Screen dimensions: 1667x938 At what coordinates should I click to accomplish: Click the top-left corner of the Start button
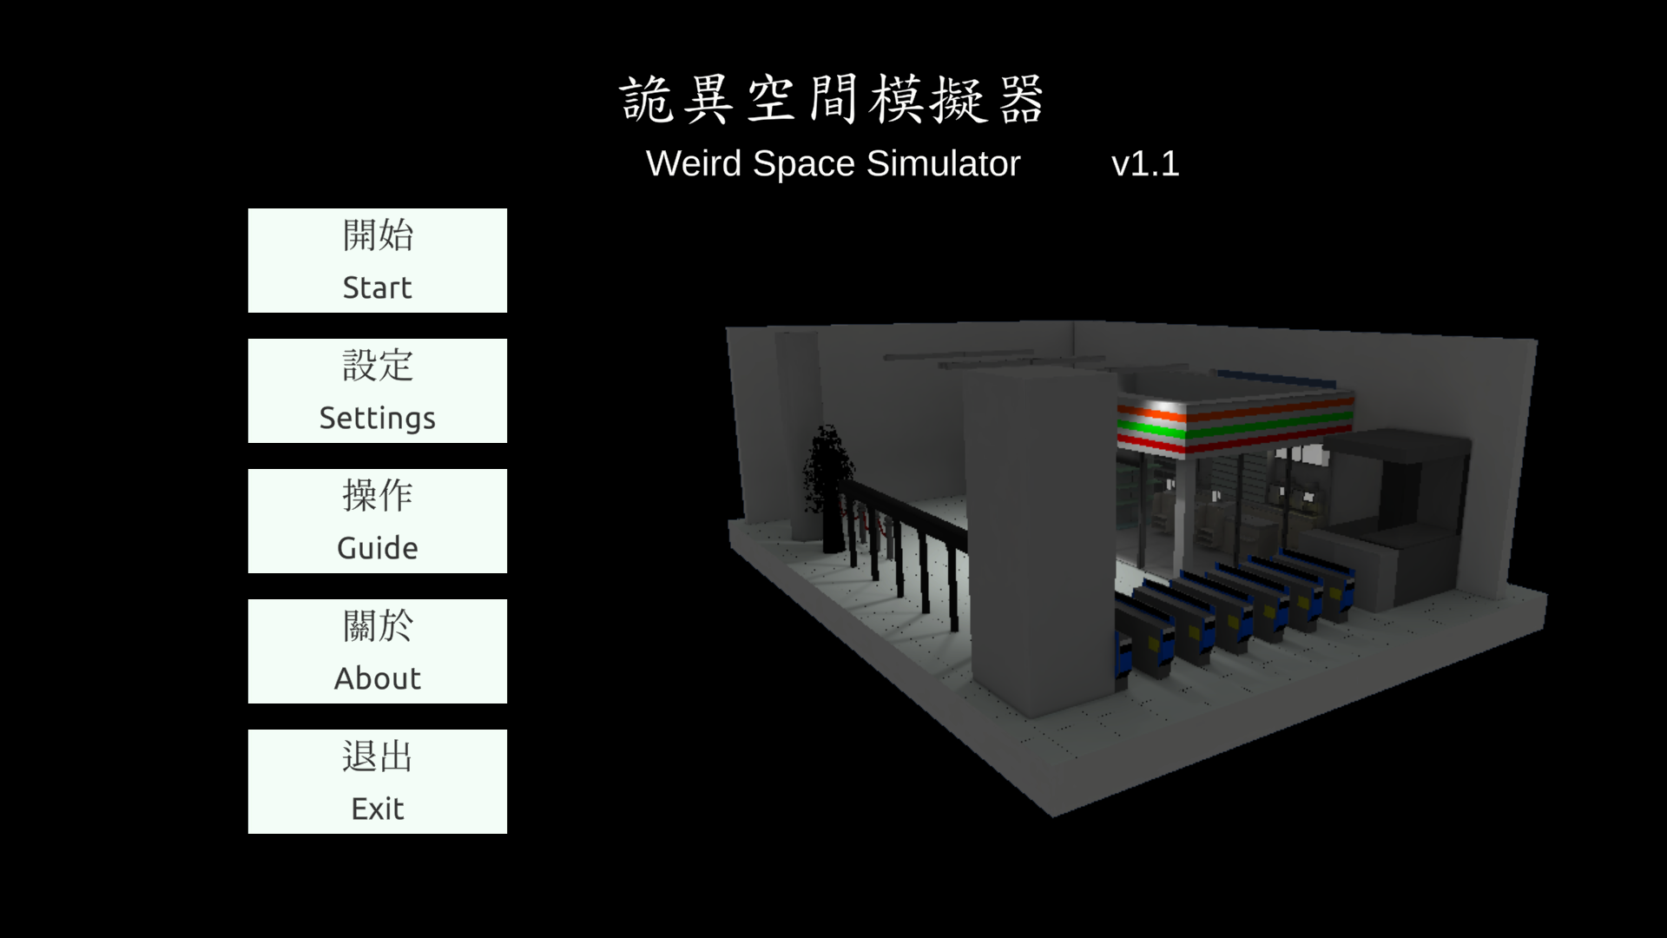(x=248, y=208)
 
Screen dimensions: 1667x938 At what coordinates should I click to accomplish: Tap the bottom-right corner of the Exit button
(x=507, y=834)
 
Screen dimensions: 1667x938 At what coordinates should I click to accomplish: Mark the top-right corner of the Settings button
(x=507, y=339)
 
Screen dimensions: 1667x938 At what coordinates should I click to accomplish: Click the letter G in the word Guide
(x=347, y=548)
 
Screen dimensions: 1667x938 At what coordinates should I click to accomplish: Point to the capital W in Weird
(x=664, y=163)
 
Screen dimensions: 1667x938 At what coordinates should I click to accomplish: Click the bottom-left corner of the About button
(x=248, y=703)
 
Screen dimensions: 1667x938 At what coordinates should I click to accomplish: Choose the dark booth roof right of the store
(x=1398, y=448)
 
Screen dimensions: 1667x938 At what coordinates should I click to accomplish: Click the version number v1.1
(x=1145, y=163)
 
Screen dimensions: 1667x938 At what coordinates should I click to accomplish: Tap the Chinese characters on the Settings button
(x=378, y=366)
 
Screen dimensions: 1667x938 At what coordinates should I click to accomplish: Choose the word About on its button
(x=378, y=678)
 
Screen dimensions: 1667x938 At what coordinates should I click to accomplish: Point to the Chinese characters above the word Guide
(x=378, y=496)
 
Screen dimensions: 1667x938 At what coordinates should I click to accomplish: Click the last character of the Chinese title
(x=1021, y=99)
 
